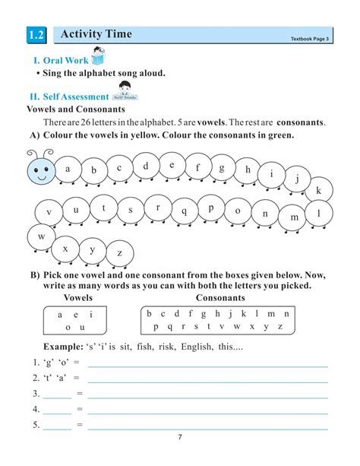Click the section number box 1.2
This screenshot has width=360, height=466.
[36, 36]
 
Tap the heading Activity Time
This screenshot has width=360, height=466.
[96, 34]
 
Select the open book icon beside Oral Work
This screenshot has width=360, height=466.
[99, 59]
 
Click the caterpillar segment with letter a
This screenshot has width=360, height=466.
[68, 169]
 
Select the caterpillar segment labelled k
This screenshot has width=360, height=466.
[319, 190]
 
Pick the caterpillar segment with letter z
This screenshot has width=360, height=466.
[119, 252]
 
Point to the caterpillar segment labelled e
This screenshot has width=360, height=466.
[172, 164]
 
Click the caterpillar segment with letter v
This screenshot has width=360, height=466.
[49, 212]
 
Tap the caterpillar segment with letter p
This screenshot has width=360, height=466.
[210, 208]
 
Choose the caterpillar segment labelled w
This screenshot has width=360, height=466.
[42, 237]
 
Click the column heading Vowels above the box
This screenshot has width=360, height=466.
[78, 298]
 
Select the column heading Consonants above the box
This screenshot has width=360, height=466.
[220, 298]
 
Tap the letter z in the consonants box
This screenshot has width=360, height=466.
[280, 327]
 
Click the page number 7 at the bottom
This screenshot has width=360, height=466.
[180, 436]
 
